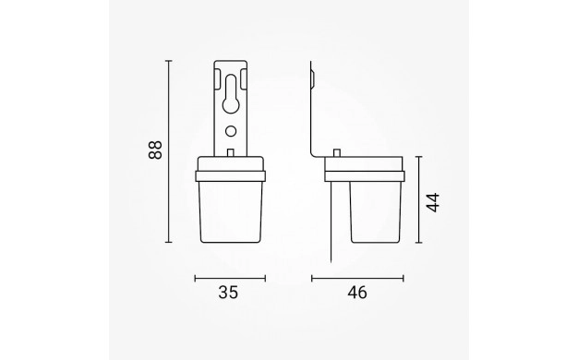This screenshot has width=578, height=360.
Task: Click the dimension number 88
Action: pos(155,150)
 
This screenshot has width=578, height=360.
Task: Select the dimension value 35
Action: pos(229,293)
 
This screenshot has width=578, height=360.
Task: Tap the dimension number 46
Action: pos(357,293)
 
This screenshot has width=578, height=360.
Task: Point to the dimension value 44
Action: pos(433,202)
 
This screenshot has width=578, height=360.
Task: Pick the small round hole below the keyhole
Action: pos(231,131)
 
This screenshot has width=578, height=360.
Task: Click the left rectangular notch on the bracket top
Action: pos(218,78)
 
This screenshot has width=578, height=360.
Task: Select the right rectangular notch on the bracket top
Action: pos(244,78)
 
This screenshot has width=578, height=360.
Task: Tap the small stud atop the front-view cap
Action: pos(231,152)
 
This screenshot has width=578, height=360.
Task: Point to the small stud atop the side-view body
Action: pos(337,152)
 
